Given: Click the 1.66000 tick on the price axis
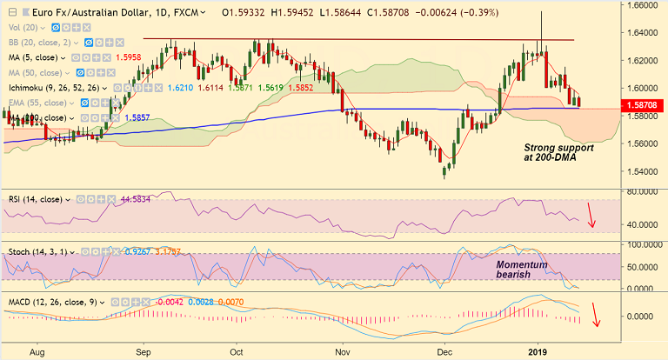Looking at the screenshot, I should (x=645, y=5).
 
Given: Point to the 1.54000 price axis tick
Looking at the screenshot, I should (x=645, y=171).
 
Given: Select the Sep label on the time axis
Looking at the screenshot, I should (x=144, y=353).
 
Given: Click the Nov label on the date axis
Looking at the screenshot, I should (x=344, y=353).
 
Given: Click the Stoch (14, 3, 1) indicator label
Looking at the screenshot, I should (x=40, y=252).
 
